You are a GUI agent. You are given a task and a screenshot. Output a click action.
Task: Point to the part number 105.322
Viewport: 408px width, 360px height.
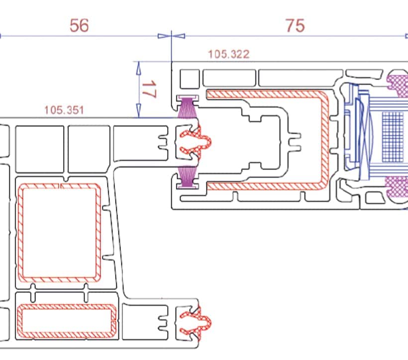228,54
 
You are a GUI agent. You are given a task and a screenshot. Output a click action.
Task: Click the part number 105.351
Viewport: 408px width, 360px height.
64,109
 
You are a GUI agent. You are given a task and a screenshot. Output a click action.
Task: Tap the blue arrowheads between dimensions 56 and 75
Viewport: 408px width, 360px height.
171,36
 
